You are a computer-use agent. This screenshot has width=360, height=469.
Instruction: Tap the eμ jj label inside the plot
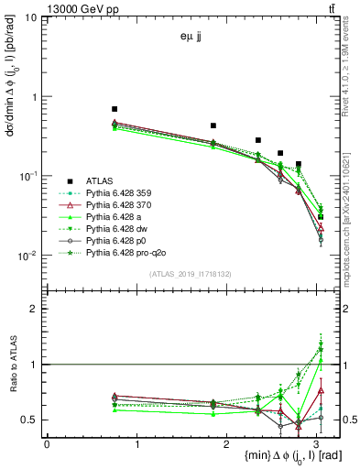click(x=193, y=38)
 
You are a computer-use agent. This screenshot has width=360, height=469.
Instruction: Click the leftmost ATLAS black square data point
click(x=115, y=109)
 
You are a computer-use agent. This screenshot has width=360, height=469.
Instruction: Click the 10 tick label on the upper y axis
click(x=31, y=17)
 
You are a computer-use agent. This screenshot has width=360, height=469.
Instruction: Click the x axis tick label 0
click(x=47, y=443)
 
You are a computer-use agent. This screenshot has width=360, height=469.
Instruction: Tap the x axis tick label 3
click(x=317, y=443)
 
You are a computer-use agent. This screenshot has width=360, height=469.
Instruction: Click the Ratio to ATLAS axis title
click(x=11, y=366)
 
